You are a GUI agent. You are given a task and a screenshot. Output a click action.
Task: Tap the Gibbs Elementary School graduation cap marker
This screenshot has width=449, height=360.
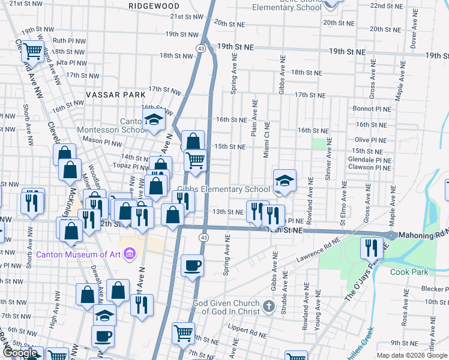point(285,180)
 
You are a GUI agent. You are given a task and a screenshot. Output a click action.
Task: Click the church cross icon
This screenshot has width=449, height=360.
point(268,307)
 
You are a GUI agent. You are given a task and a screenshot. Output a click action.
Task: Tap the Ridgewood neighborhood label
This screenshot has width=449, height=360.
point(154,5)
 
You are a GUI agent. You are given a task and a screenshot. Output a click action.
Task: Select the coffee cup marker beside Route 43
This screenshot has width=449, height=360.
point(192,265)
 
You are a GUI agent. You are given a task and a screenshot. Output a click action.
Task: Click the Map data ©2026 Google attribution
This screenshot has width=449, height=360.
point(412,355)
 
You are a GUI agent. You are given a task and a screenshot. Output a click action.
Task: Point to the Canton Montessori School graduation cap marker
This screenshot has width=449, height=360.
point(154,119)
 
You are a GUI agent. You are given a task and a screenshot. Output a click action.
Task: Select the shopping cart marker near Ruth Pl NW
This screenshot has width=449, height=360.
point(34,51)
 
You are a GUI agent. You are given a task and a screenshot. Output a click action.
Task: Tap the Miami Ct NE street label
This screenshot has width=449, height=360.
point(266,144)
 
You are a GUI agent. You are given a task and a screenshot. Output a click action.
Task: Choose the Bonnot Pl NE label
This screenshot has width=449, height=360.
point(372,109)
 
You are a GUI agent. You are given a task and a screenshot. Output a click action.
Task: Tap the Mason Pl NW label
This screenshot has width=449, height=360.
point(98,140)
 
